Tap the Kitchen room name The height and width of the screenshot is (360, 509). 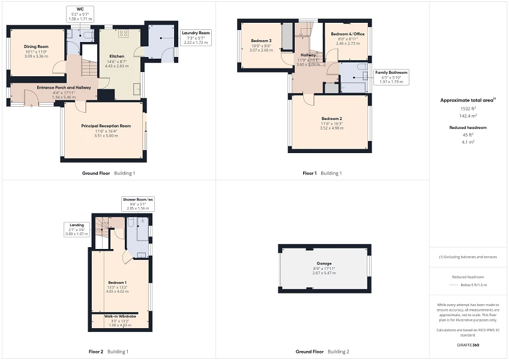(116, 56)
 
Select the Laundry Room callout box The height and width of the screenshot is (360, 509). (196, 37)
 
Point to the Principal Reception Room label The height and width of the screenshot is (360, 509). (106, 126)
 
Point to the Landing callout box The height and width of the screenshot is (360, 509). (76, 229)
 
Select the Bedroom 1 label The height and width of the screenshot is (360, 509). (117, 282)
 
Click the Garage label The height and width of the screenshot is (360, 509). (324, 263)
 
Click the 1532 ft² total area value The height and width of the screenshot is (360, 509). (468, 109)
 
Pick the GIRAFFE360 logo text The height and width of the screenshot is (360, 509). (468, 345)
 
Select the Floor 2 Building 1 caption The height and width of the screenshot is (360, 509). (108, 351)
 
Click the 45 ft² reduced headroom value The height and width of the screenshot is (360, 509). (468, 135)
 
